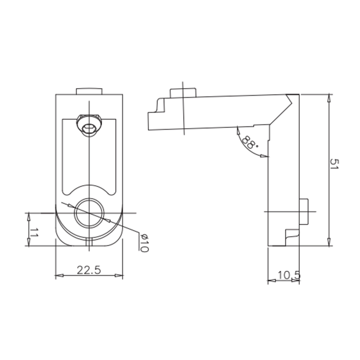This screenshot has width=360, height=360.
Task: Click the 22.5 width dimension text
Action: click(x=89, y=270)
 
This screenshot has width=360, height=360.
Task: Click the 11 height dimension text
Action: click(x=34, y=233)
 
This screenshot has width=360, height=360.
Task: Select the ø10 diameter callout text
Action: click(x=143, y=243)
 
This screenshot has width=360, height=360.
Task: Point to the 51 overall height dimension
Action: click(x=334, y=164)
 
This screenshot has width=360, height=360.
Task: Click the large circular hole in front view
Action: click(x=90, y=213)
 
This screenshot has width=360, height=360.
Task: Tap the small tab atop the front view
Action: click(x=90, y=90)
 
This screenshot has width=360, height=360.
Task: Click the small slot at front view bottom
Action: click(x=89, y=243)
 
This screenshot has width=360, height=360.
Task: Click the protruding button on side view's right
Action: click(x=304, y=211)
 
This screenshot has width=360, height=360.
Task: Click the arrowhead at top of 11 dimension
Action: click(x=28, y=216)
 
